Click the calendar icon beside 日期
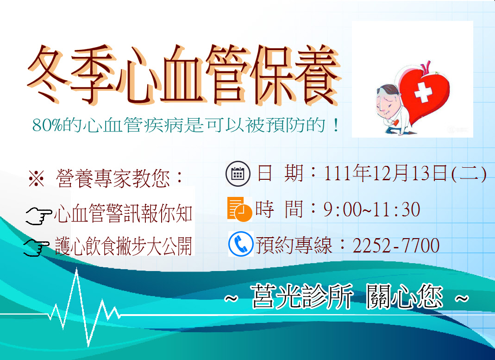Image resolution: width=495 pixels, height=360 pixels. [x=238, y=173]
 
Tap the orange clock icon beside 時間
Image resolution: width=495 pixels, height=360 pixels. [x=239, y=209]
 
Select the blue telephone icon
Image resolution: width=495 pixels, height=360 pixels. [x=241, y=244]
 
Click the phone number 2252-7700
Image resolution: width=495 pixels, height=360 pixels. [x=396, y=246]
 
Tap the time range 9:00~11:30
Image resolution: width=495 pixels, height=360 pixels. [x=371, y=209]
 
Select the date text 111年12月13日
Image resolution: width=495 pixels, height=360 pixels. [x=386, y=173]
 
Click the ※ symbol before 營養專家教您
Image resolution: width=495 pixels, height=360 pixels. [x=36, y=178]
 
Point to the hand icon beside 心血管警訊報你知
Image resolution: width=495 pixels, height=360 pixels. [x=38, y=216]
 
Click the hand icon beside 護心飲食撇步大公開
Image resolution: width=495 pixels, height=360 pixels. [x=37, y=247]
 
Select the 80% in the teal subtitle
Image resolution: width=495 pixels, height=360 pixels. [x=47, y=126]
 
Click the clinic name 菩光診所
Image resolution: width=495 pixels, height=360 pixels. [x=302, y=297]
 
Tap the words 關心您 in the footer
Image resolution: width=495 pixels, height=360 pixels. [x=405, y=297]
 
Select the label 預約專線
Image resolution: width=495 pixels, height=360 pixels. [x=294, y=246]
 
